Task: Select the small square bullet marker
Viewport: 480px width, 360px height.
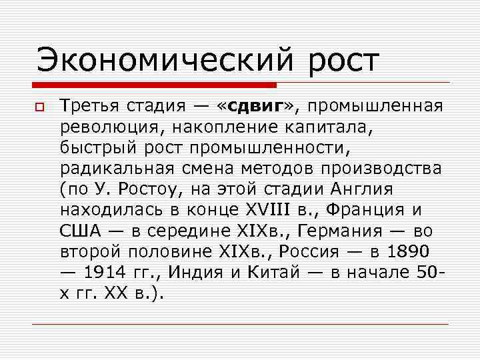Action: (x=41, y=107)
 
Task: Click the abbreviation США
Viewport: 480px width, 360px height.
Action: (x=80, y=231)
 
